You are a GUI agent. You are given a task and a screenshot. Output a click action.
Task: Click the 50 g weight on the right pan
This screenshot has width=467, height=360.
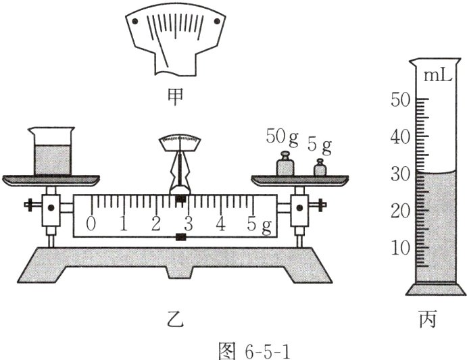coord(285,165)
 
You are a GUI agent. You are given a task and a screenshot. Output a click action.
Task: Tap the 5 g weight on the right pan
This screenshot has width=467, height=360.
coord(319,168)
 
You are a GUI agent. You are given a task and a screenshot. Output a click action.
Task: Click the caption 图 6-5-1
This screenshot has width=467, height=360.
coord(233,348)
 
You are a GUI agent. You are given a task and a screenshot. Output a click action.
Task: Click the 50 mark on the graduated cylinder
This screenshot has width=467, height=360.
coord(400,100)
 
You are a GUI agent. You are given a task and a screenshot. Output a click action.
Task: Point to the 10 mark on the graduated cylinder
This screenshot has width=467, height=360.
coord(400,247)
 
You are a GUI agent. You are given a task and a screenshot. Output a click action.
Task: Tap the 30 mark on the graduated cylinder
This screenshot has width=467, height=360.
coord(400,174)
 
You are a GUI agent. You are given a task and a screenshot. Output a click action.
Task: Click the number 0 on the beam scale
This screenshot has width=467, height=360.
coord(91,224)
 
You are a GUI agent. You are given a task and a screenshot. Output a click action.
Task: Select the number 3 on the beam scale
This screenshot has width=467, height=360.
coord(188,224)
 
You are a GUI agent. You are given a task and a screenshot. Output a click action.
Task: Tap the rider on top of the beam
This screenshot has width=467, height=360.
coord(179,199)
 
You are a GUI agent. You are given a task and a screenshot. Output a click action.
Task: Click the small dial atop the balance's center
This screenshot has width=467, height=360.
coord(179,142)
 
